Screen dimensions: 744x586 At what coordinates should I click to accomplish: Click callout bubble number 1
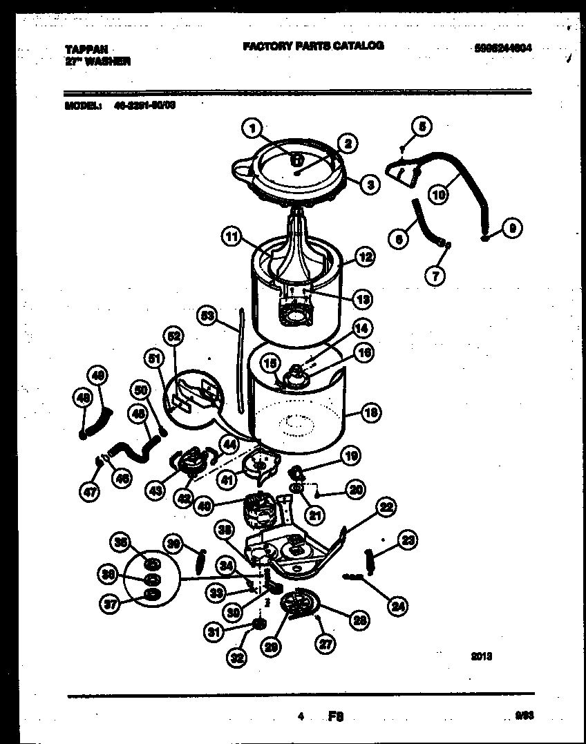pyautogui.click(x=253, y=127)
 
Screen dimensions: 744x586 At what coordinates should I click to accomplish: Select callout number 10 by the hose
pyautogui.click(x=438, y=195)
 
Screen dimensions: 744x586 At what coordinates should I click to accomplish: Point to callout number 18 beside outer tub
pyautogui.click(x=370, y=414)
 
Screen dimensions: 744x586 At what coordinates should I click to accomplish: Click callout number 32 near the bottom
pyautogui.click(x=236, y=658)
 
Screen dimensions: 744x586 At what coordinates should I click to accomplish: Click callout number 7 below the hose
pyautogui.click(x=435, y=276)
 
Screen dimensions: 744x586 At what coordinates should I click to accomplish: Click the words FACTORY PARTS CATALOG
pyautogui.click(x=313, y=46)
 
